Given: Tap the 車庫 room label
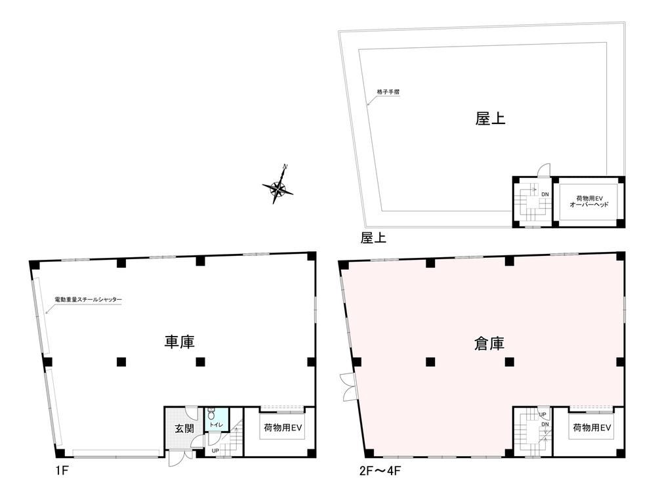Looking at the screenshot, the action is [x=180, y=342].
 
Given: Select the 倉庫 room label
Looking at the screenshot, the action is [x=489, y=344].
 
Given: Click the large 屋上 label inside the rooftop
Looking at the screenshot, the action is [x=490, y=119].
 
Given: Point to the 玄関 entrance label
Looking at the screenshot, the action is [x=184, y=428].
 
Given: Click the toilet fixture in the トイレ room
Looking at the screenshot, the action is [x=211, y=413].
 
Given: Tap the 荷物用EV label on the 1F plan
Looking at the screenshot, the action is [x=283, y=428].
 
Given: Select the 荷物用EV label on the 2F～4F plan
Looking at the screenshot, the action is [x=592, y=428].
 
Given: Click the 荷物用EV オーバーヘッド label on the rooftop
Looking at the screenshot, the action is [x=589, y=201].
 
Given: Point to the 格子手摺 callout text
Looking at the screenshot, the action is [x=388, y=92].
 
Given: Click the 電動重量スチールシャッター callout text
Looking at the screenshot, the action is [x=89, y=300].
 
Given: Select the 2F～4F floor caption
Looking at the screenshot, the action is [x=380, y=471].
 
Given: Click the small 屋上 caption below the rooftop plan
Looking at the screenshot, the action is [x=374, y=238].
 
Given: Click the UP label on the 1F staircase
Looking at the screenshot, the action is [x=215, y=451].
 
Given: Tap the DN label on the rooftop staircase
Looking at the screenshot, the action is [x=545, y=195].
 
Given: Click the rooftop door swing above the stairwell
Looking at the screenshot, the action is [x=543, y=171].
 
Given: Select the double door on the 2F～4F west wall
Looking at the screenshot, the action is [x=348, y=386].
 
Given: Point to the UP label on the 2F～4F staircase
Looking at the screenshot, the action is [x=543, y=415].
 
